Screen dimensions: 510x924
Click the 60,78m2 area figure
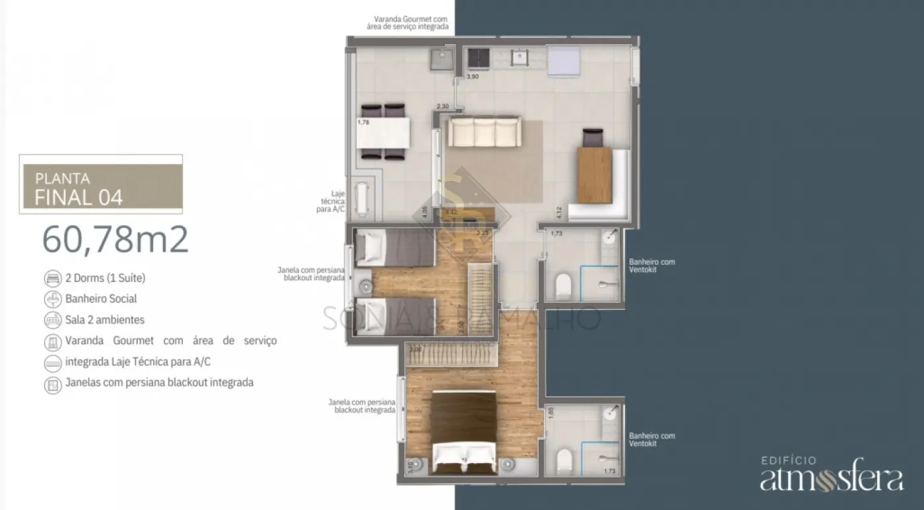(x=115, y=240)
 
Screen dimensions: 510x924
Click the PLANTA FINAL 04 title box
(x=101, y=188)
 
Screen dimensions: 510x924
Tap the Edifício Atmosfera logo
(x=831, y=475)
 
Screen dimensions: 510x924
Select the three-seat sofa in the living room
(x=484, y=131)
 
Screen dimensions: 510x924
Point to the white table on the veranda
(x=383, y=132)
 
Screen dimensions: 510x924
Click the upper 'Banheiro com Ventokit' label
(x=652, y=266)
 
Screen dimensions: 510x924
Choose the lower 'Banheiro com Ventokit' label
(x=652, y=439)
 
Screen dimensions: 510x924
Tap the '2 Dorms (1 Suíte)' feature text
(x=105, y=277)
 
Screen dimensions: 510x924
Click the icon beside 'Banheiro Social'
(x=53, y=299)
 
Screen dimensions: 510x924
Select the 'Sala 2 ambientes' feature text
(x=105, y=320)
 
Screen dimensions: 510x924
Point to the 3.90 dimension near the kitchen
(x=473, y=77)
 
